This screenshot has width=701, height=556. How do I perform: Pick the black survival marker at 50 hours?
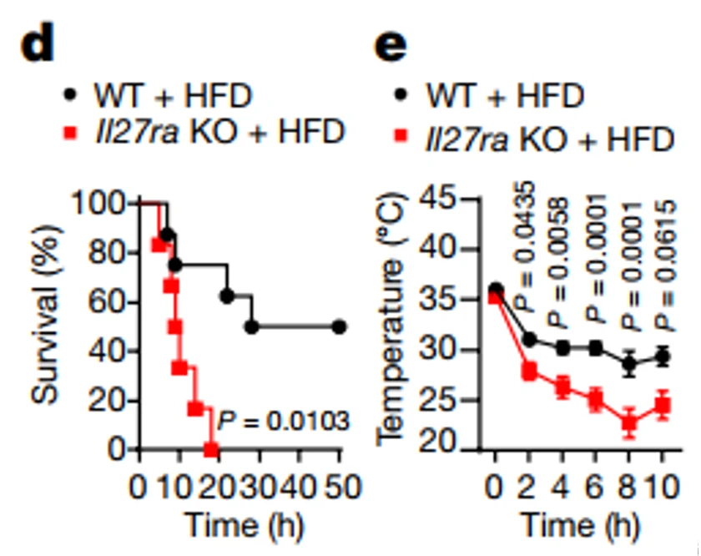click(x=339, y=326)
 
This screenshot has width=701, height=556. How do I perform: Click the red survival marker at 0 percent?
click(x=211, y=450)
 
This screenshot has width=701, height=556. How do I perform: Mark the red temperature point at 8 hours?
click(x=629, y=422)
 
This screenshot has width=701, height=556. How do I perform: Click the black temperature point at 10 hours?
click(x=663, y=356)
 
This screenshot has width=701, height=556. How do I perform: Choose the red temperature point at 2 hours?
click(x=529, y=372)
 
